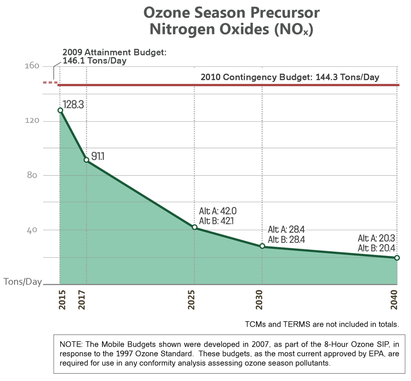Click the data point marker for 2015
(x=60, y=110)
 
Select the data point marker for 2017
(x=86, y=160)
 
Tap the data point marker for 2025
(x=195, y=227)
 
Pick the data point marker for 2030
(x=262, y=246)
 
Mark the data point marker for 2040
(x=397, y=258)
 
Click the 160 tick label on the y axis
(x=32, y=66)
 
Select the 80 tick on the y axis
(x=33, y=176)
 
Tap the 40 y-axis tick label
(x=33, y=230)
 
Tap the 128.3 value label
(x=73, y=104)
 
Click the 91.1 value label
(x=98, y=156)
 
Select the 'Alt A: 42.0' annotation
(x=218, y=211)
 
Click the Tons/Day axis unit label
(x=23, y=282)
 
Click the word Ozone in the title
(x=164, y=13)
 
